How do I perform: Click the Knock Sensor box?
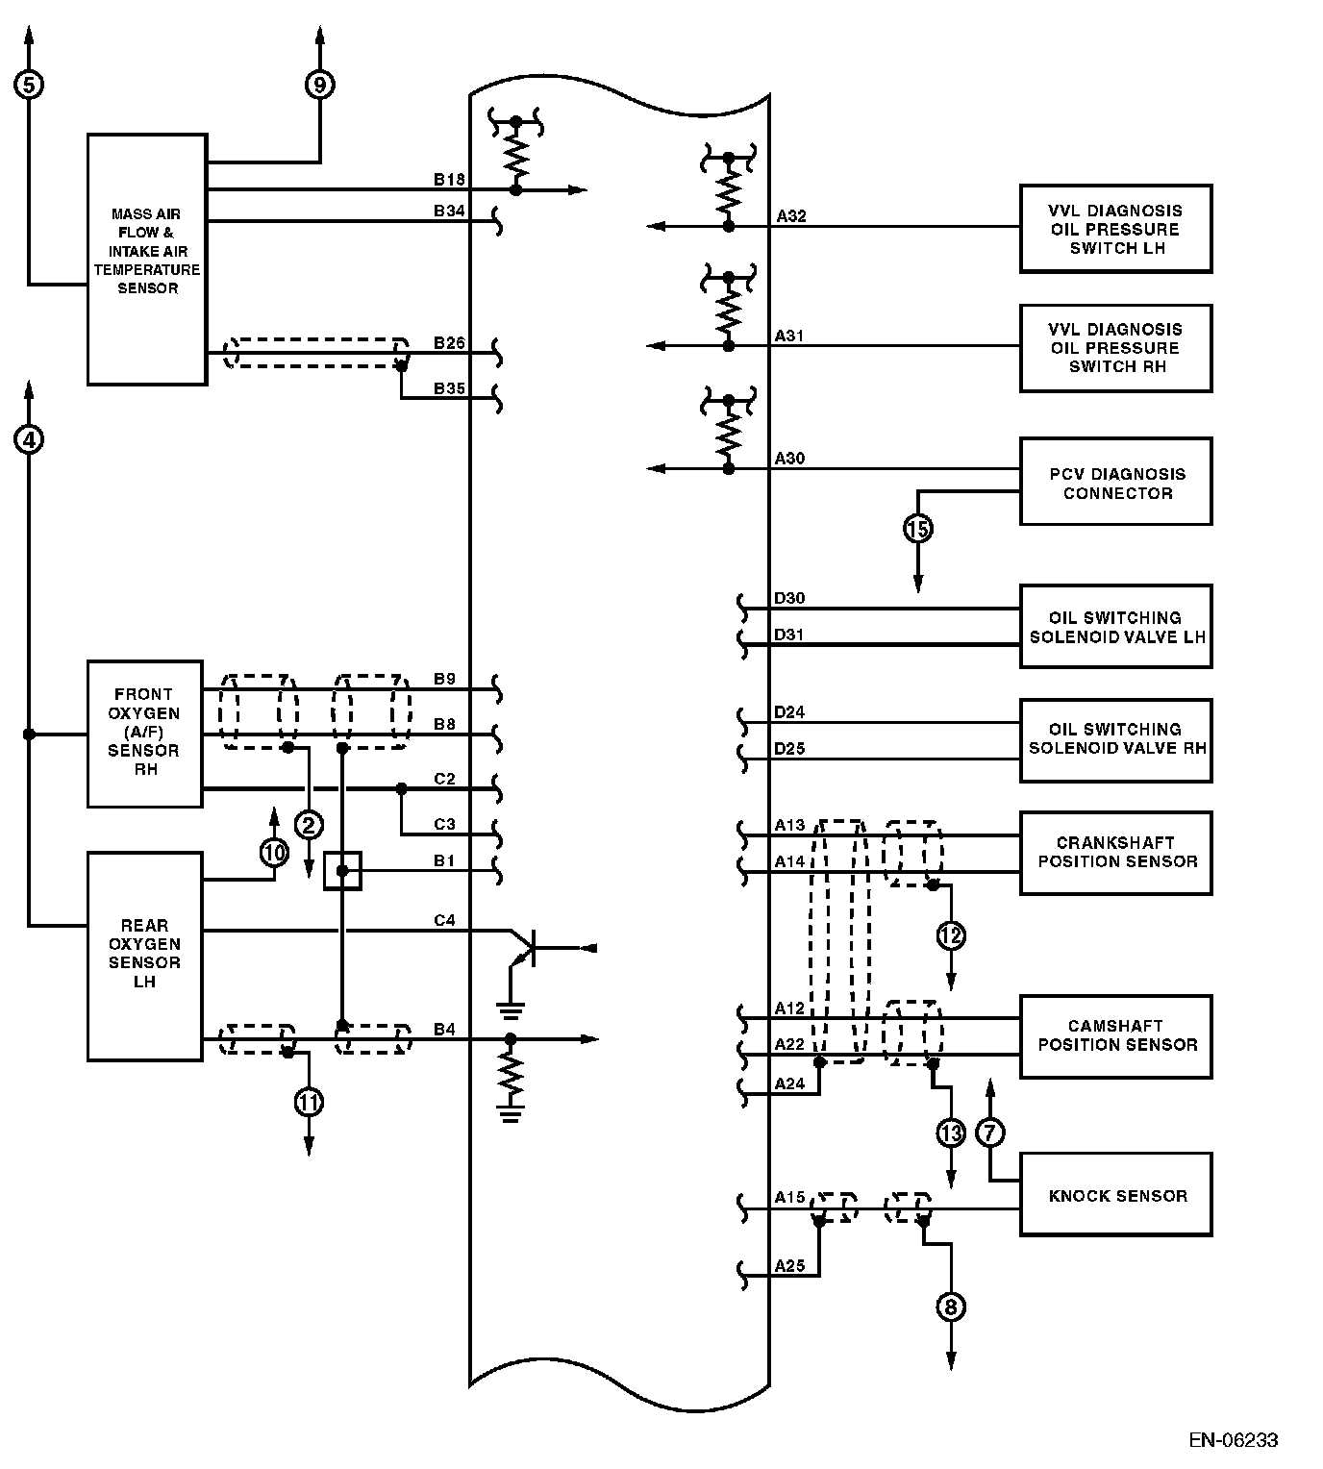coord(1115,1195)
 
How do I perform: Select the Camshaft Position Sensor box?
coord(1115,1036)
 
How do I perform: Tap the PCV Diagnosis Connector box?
coord(1115,482)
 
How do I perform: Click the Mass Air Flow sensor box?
coord(147,260)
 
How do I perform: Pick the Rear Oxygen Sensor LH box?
coord(144,956)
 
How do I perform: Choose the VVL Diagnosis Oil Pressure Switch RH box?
coord(1115,348)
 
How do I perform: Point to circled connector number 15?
coord(918,529)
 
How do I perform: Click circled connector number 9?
coord(319,85)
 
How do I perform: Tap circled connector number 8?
coord(950,1307)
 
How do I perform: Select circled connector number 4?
coord(29,439)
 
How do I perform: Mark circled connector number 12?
coord(950,935)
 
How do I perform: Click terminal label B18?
coord(449,180)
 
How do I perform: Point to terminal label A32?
coord(791,216)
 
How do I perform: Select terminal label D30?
coord(789,599)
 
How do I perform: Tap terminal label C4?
coord(444,920)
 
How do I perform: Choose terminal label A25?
coord(789,1266)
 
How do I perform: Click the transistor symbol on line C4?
coord(525,948)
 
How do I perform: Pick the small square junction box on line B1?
coord(342,871)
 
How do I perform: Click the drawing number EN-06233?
coord(1233,1439)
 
